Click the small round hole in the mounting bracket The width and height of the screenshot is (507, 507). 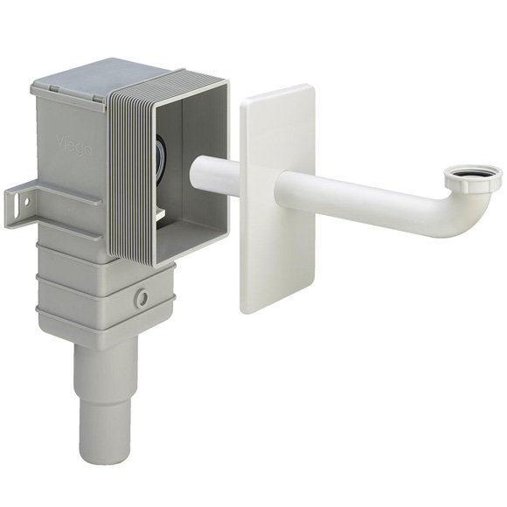pyautogui.click(x=26, y=200)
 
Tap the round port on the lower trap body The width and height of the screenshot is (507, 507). pyautogui.click(x=142, y=298)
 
